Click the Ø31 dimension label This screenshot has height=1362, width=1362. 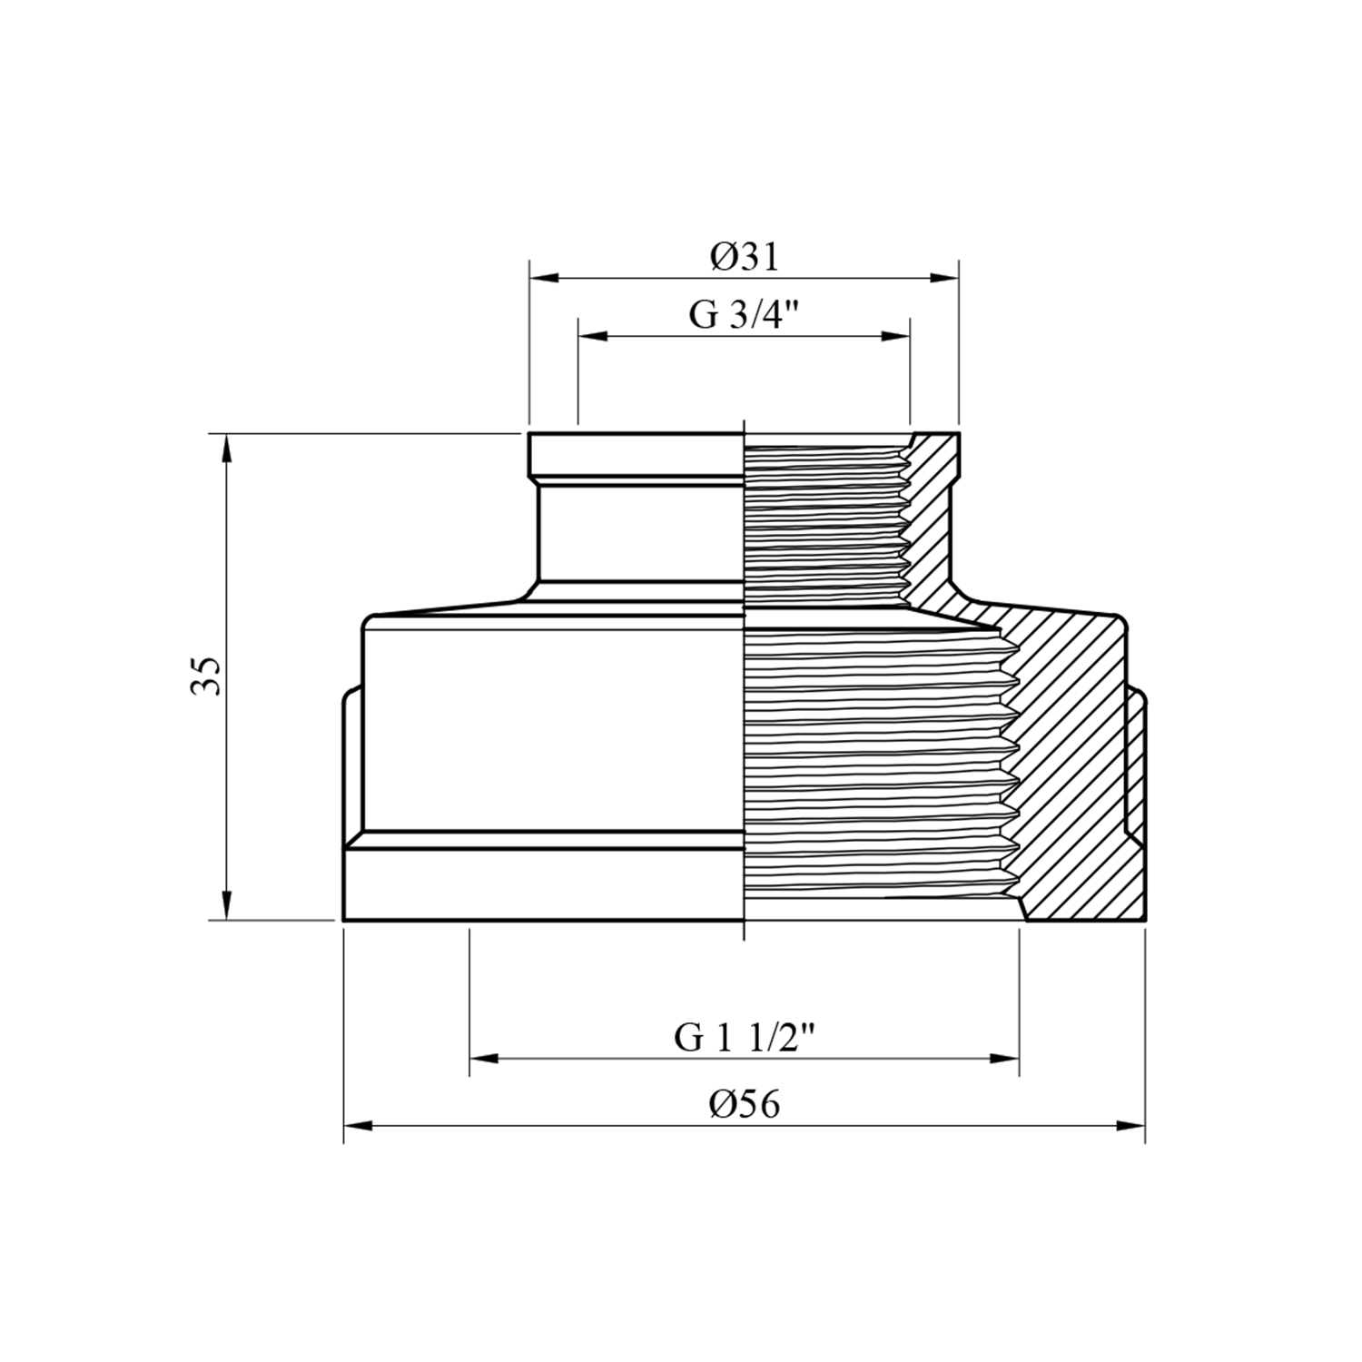click(x=745, y=258)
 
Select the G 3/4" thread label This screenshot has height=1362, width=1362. click(x=744, y=315)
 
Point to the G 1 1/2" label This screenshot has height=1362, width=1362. click(x=744, y=1037)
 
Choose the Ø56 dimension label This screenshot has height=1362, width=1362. click(x=745, y=1104)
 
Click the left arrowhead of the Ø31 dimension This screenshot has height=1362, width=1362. click(x=544, y=279)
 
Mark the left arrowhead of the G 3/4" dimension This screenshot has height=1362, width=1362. click(x=593, y=336)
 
